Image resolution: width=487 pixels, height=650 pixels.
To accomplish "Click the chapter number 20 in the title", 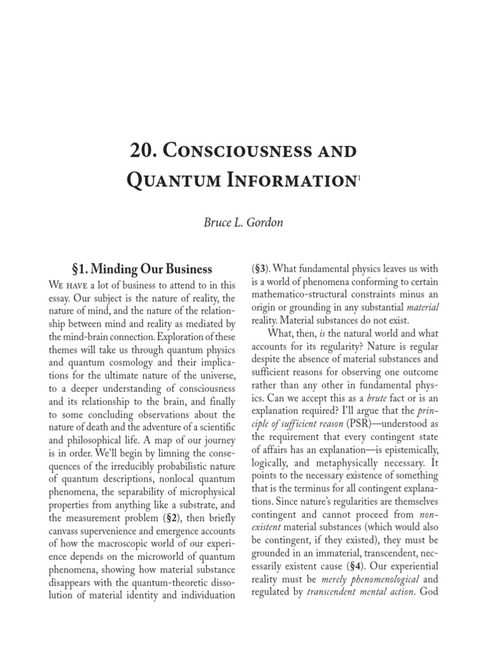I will (x=142, y=152).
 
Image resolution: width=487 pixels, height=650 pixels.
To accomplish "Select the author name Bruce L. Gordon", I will (x=243, y=224).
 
